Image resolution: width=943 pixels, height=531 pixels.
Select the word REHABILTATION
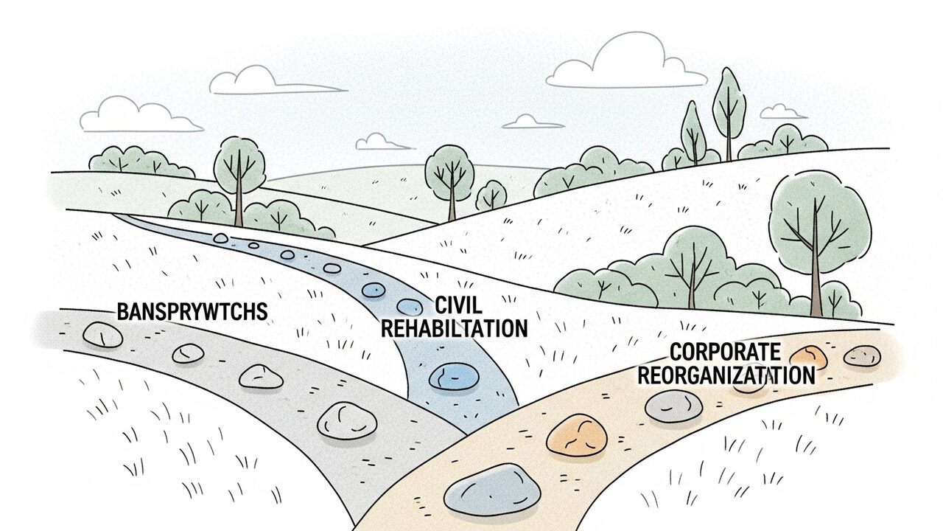pos(454,328)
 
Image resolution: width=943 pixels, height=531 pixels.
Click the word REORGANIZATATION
pos(726,375)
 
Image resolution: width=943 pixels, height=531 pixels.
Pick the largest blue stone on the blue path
pos(454,376)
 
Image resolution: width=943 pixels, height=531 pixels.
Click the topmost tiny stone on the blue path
pos(221,239)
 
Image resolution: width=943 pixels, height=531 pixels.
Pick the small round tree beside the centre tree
pos(491,195)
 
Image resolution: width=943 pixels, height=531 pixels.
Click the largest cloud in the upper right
pos(626,62)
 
